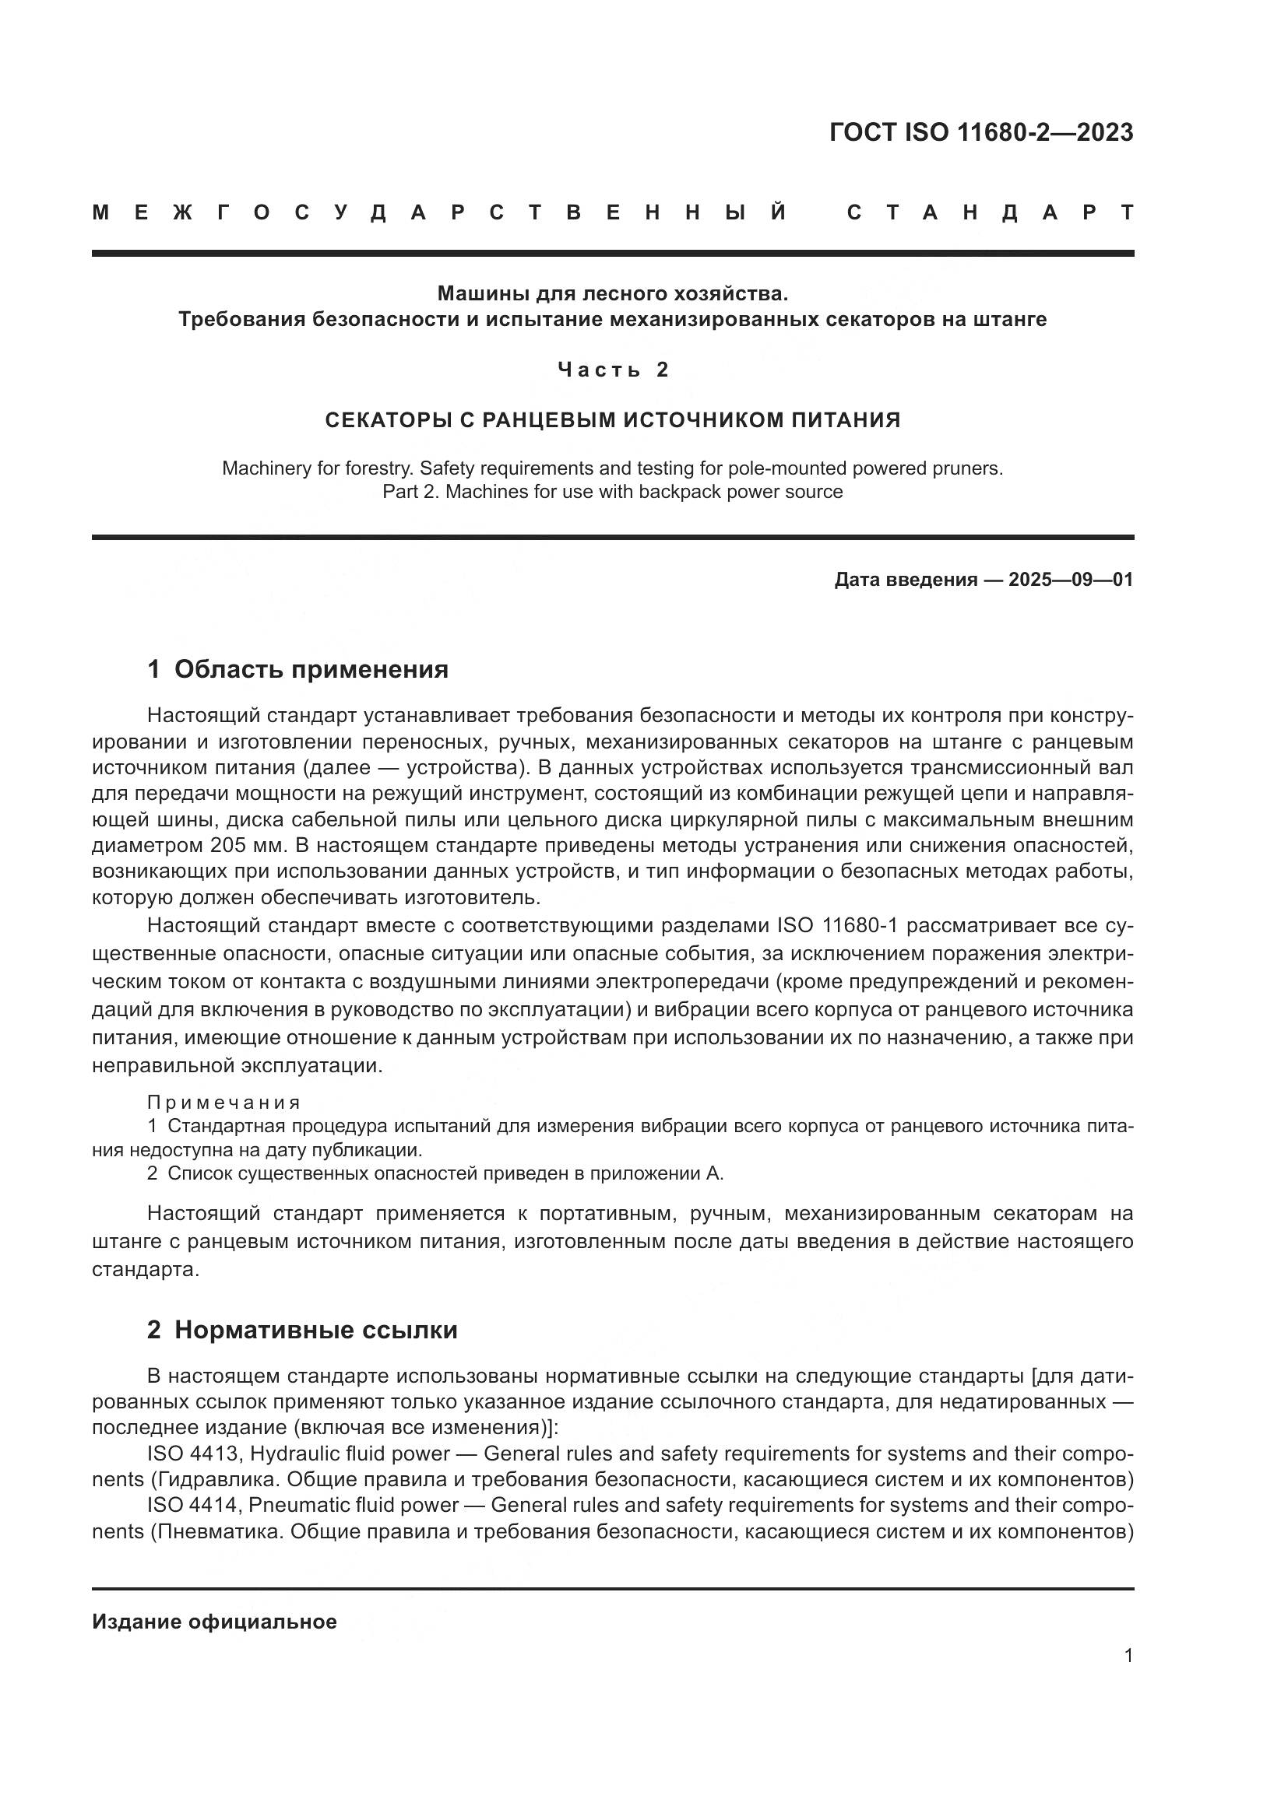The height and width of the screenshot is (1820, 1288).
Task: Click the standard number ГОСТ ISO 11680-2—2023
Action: [x=980, y=132]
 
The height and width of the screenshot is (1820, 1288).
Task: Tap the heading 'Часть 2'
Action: [x=613, y=370]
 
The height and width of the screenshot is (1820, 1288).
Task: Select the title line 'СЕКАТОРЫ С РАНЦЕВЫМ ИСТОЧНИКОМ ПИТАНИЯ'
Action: [x=613, y=420]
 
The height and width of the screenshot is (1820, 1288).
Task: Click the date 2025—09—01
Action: [x=1070, y=580]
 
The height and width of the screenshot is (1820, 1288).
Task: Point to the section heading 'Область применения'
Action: [x=311, y=669]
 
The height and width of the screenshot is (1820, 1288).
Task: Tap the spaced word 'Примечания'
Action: [x=223, y=1103]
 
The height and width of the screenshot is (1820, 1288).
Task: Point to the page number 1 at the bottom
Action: [x=1128, y=1655]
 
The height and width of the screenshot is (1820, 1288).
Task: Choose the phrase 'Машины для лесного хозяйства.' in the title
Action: [x=613, y=294]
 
